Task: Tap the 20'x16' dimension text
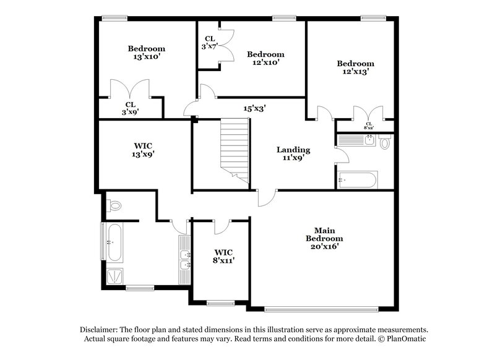pyautogui.click(x=324, y=246)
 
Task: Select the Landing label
pyautogui.click(x=293, y=150)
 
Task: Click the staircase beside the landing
pyautogui.click(x=236, y=148)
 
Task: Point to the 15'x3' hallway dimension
pyautogui.click(x=254, y=108)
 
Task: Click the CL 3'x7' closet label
pyautogui.click(x=208, y=41)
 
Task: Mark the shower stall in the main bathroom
pyautogui.click(x=114, y=276)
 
